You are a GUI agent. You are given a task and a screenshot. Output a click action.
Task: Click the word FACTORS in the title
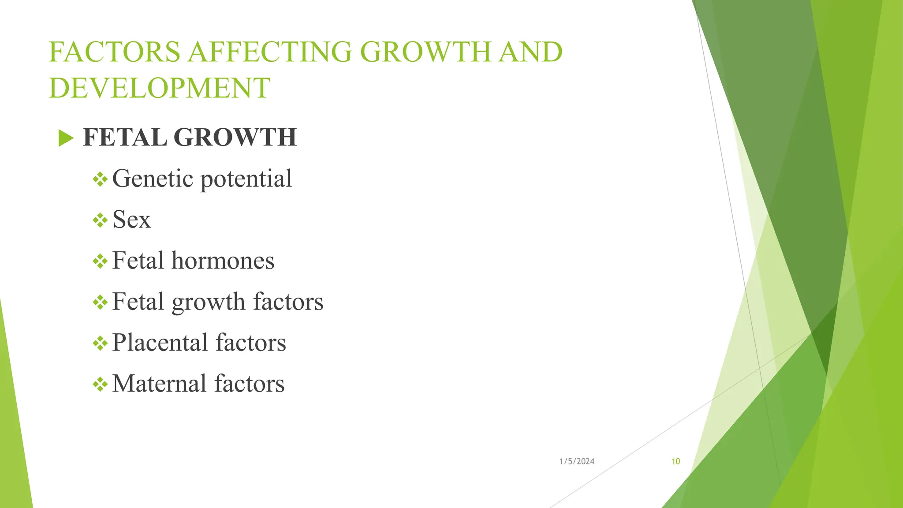tap(114, 52)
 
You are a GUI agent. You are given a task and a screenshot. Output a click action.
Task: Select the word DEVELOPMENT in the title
tap(159, 88)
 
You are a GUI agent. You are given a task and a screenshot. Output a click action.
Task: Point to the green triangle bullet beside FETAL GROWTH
tap(66, 138)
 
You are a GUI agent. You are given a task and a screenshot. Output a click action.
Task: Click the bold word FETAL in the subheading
tap(125, 137)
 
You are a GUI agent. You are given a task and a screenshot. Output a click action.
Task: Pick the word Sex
tap(131, 220)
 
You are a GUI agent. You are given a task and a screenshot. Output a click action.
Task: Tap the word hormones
tap(223, 261)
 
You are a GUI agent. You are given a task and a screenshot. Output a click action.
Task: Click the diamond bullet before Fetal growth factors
tap(100, 303)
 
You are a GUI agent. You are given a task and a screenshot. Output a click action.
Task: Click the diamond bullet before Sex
tap(100, 220)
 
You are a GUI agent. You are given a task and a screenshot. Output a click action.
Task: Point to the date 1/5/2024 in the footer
tap(577, 462)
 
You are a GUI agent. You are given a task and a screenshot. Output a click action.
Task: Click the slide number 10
tap(675, 462)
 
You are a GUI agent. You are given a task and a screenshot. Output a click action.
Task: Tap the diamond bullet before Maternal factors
tap(100, 385)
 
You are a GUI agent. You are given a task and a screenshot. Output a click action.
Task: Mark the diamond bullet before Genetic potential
tap(100, 179)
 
